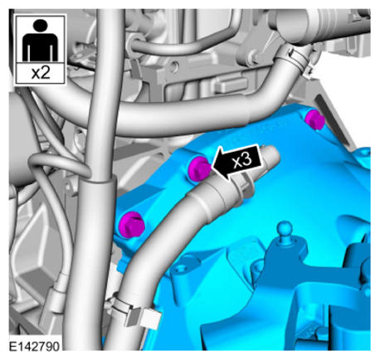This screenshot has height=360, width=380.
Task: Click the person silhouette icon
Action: (40, 40)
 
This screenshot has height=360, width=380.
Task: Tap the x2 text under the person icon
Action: (41, 73)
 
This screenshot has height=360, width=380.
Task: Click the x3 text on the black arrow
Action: (242, 160)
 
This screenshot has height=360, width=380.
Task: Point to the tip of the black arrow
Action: (212, 165)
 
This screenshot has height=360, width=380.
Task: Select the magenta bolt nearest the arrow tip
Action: (198, 168)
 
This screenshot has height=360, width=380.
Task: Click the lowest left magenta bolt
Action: (131, 225)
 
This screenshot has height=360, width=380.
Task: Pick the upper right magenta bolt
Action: (314, 119)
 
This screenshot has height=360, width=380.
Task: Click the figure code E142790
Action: (34, 346)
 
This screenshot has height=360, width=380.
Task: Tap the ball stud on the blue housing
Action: (285, 229)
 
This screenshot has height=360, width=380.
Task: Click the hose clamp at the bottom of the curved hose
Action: (133, 309)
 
